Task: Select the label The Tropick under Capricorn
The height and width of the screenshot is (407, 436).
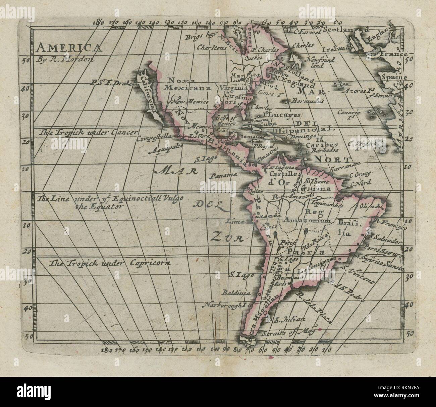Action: pos(109,263)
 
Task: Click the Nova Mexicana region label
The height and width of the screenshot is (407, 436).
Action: pos(186,84)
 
